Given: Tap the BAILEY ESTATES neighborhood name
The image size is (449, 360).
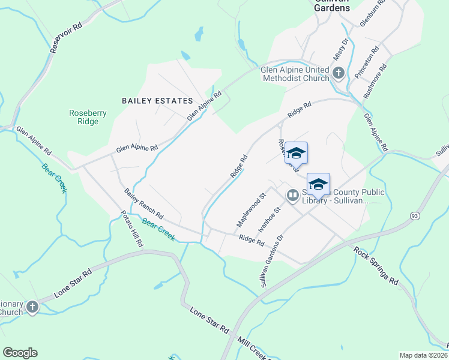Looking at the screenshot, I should (157, 101).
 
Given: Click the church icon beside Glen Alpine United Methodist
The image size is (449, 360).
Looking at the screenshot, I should (338, 74).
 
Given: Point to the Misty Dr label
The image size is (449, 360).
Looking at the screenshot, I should (341, 49).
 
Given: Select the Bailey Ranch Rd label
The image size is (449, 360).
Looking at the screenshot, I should (144, 203).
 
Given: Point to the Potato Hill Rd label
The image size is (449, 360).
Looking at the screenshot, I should (131, 229).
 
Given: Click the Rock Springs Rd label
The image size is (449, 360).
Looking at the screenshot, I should (376, 265).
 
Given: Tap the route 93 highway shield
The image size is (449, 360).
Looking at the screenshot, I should (414, 215).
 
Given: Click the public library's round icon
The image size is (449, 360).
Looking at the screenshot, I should (293, 195).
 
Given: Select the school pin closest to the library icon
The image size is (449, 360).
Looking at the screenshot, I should (318, 185).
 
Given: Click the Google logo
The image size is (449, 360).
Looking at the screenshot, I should (20, 353).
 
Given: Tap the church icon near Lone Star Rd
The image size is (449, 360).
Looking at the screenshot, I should (32, 307).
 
